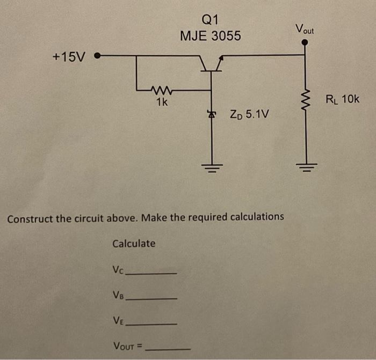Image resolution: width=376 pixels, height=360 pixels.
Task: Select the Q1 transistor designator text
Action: [x=210, y=20]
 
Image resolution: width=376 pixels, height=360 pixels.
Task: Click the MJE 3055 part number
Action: [x=211, y=36]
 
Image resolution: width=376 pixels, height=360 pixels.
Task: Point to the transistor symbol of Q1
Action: [x=211, y=63]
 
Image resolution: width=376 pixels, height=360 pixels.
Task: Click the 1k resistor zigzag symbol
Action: [x=161, y=90]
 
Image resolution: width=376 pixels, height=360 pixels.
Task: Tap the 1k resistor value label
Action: [x=161, y=101]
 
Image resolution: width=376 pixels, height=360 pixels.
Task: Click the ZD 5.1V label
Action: [x=249, y=114]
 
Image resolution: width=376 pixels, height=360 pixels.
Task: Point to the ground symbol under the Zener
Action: [x=212, y=167]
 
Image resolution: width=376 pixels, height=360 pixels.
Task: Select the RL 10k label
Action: [x=342, y=99]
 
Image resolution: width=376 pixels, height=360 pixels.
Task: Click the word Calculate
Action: [x=134, y=244]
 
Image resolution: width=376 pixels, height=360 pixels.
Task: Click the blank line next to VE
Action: [x=154, y=324]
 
